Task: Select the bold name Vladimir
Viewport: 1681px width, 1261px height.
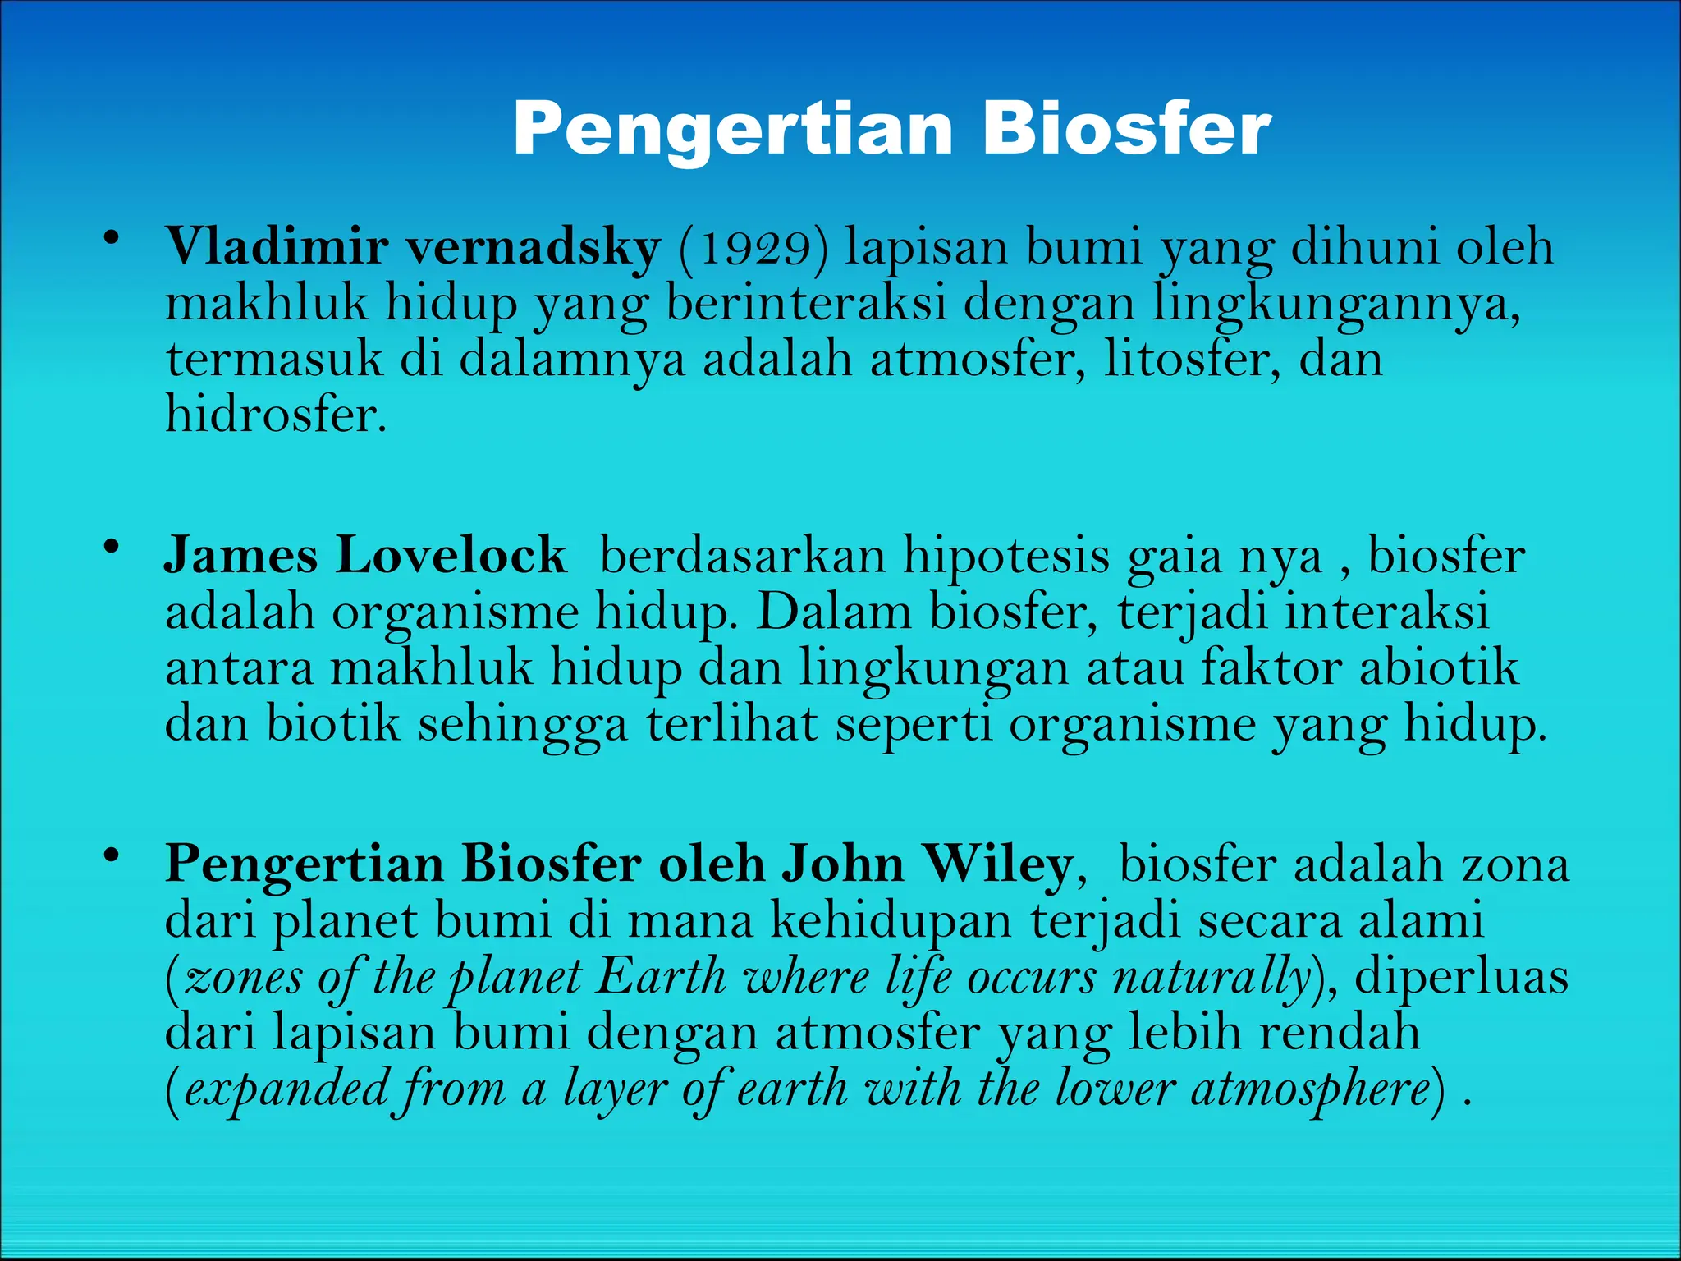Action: tap(277, 245)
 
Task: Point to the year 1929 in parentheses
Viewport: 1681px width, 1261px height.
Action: tap(754, 247)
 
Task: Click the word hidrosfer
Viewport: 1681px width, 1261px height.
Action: tap(276, 414)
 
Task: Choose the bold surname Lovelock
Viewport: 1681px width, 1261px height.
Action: tap(451, 555)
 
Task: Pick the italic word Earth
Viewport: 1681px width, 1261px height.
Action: tap(662, 977)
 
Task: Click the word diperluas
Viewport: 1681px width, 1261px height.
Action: tap(1462, 977)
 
